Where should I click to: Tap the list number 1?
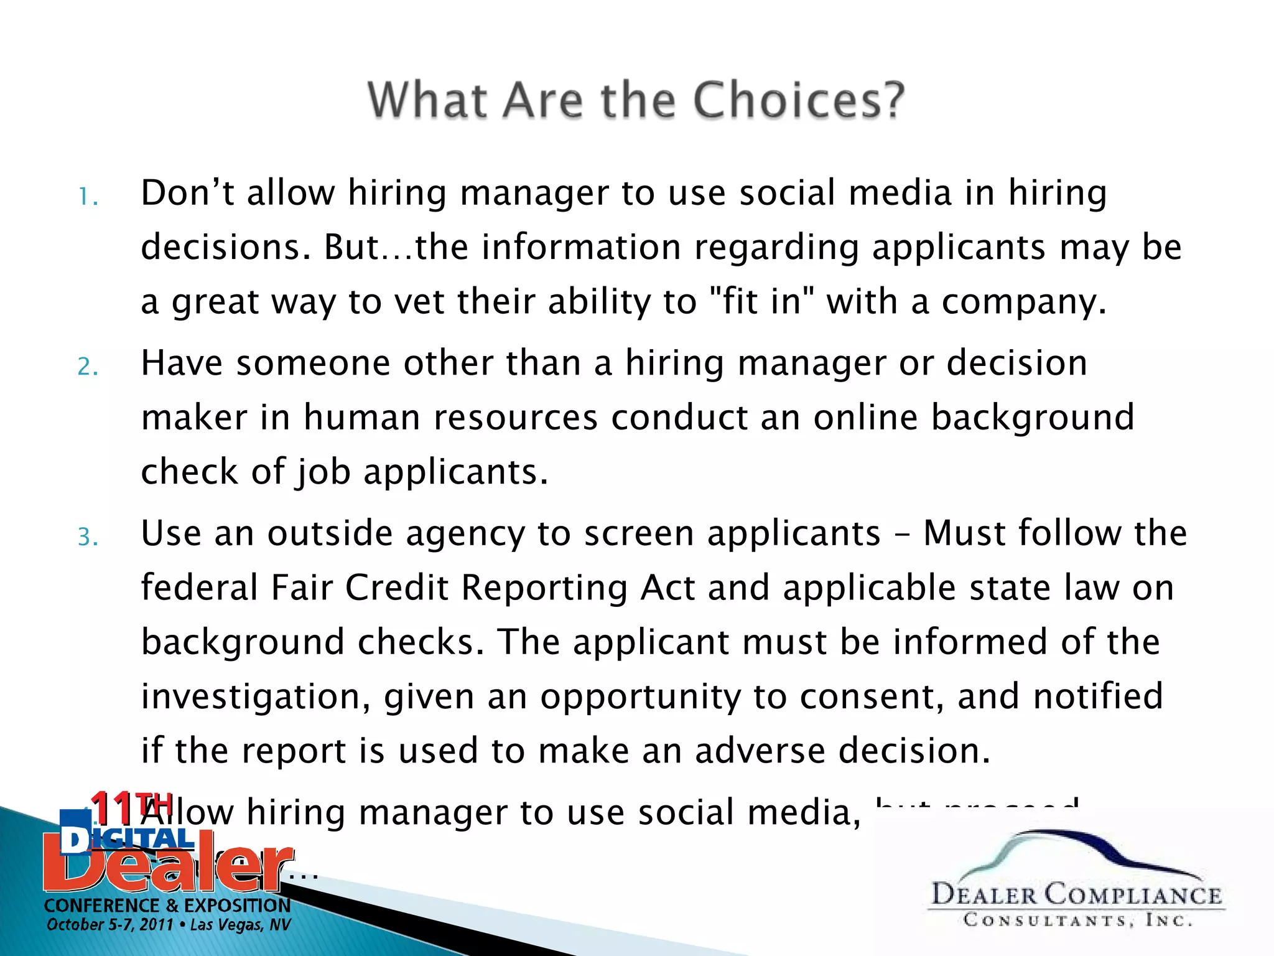pyautogui.click(x=88, y=198)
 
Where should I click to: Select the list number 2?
pyautogui.click(x=88, y=367)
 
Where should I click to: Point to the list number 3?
pyautogui.click(x=88, y=537)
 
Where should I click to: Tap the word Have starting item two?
pyautogui.click(x=182, y=363)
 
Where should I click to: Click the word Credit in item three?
pyautogui.click(x=397, y=588)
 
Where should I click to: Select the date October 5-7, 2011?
pyautogui.click(x=109, y=925)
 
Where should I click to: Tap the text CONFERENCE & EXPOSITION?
pyautogui.click(x=167, y=905)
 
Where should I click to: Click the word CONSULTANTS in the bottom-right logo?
pyautogui.click(x=1044, y=920)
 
